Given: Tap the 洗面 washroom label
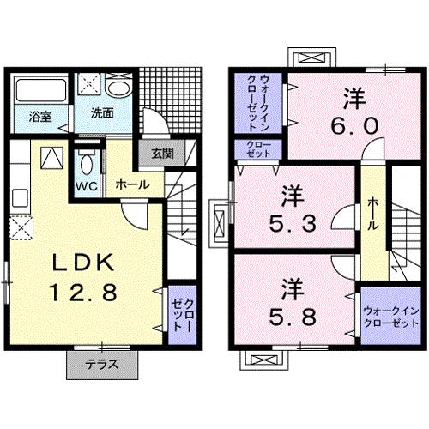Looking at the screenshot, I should (x=104, y=113).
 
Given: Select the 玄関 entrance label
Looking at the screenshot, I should (x=163, y=154).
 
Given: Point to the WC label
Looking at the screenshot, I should (x=86, y=185).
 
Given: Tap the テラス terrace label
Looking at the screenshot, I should (x=102, y=364).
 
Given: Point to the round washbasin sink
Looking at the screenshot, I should (x=121, y=88).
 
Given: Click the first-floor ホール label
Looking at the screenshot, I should (x=132, y=184).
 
